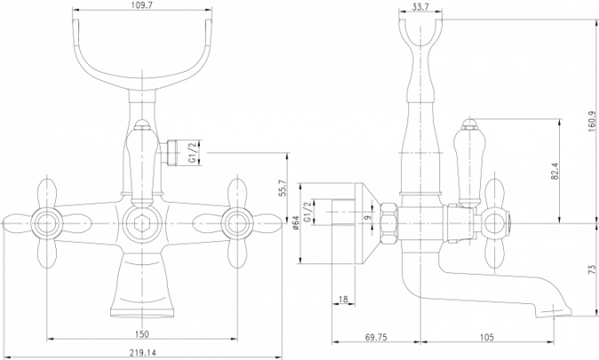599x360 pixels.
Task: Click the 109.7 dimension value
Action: point(141,4)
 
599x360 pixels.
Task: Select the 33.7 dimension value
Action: point(421,6)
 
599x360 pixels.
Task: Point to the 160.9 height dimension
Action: point(593,121)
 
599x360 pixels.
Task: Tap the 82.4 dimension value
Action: point(555,170)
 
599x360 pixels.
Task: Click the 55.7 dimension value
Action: point(283,187)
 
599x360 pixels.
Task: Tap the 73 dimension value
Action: point(593,270)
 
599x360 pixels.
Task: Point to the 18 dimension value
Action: point(343,299)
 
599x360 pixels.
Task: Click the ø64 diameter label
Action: point(296,223)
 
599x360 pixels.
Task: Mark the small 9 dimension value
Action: point(368,218)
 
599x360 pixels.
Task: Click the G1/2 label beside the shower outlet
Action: point(193,152)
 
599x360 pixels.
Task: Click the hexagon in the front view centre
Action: point(142,223)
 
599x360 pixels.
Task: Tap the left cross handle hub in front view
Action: point(47,223)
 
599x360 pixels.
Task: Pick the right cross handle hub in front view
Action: point(237,223)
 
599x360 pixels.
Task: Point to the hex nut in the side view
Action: point(390,223)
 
